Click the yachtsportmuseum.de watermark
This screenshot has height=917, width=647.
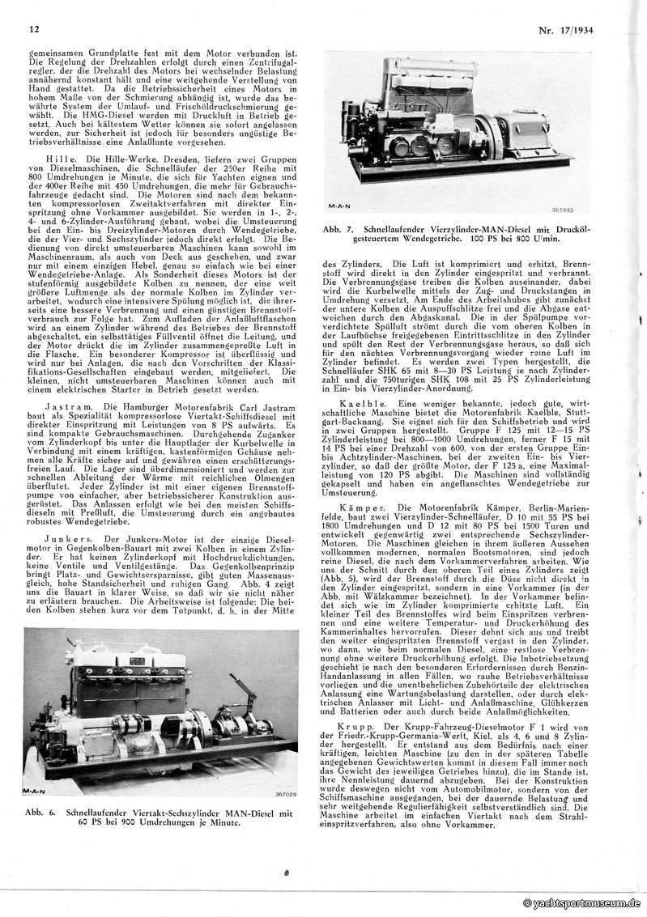click(582, 903)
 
